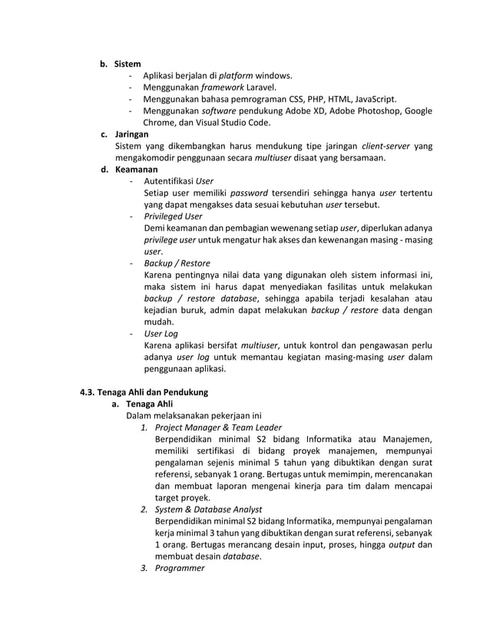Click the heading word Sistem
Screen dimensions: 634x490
[127, 64]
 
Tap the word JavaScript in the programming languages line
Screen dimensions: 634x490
[372, 99]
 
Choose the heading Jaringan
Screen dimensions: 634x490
[131, 134]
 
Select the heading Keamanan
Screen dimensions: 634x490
[136, 170]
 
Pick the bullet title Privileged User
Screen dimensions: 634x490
[173, 216]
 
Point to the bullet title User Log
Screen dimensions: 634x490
[161, 334]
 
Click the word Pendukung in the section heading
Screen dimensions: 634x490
[186, 392]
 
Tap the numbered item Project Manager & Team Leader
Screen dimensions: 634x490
[217, 428]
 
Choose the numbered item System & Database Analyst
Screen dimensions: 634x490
[208, 510]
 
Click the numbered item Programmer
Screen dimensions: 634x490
[180, 568]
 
